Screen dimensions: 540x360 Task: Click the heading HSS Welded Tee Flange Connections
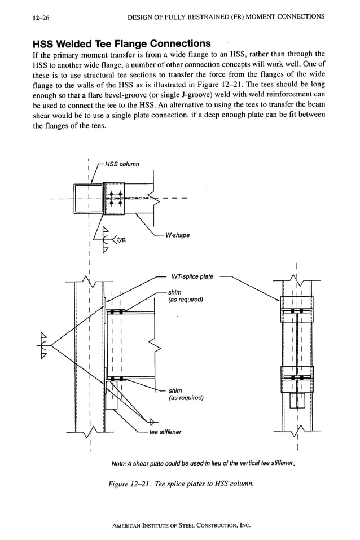122,43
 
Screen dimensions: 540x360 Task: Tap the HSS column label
122,164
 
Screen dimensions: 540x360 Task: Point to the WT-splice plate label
192,276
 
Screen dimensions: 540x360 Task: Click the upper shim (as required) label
185,296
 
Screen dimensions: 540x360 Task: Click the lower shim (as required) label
186,394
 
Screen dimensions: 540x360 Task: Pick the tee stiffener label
166,432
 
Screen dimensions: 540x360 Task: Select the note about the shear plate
204,463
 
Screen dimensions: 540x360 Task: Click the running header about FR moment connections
226,17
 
